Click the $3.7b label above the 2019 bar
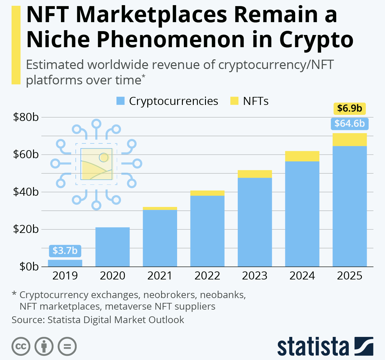coord(65,251)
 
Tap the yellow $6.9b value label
coord(349,108)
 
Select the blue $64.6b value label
coord(349,124)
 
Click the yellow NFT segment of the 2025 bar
coord(349,140)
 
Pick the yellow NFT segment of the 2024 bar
coord(302,156)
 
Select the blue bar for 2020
coord(113,247)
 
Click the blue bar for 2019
coord(65,263)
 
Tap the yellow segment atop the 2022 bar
coord(207,193)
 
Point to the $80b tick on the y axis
coord(26,117)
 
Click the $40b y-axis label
coord(26,192)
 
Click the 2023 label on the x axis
coord(255,276)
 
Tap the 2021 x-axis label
coord(160,276)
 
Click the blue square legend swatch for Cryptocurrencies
coord(120,101)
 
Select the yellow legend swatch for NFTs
coord(234,101)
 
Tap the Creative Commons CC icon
coord(21,347)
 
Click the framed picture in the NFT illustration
coord(96,164)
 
